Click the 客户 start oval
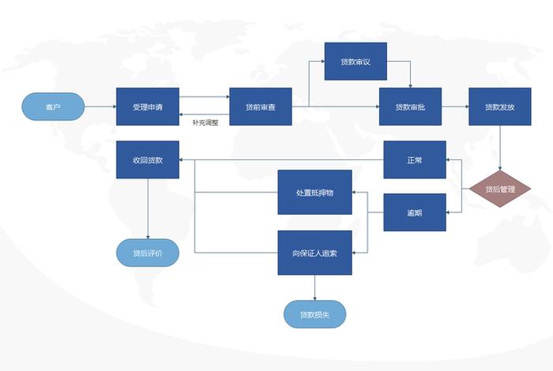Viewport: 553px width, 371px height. click(53, 107)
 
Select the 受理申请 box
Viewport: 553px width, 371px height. click(148, 107)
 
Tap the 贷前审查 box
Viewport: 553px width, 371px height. click(261, 107)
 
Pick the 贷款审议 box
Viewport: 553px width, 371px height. click(355, 62)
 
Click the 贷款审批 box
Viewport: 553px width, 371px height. click(410, 107)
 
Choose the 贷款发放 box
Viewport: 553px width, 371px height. click(500, 107)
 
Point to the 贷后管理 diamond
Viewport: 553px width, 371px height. click(500, 189)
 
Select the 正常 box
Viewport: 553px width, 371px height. click(415, 159)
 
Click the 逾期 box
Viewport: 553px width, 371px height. click(415, 212)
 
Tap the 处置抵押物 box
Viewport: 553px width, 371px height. click(314, 192)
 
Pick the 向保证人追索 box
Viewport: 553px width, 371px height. click(314, 253)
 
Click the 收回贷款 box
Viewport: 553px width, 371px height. click(148, 159)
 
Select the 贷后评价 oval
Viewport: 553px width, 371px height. click(148, 253)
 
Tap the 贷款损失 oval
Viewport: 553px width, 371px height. click(314, 314)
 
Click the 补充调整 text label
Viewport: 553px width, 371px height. click(205, 122)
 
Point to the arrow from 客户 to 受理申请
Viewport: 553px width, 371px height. click(100, 107)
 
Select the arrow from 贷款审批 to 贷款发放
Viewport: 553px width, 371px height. click(455, 107)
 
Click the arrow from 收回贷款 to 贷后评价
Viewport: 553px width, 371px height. click(148, 208)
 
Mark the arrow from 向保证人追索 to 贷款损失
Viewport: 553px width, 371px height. click(314, 287)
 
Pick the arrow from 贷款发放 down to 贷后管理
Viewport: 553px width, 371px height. click(500, 148)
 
